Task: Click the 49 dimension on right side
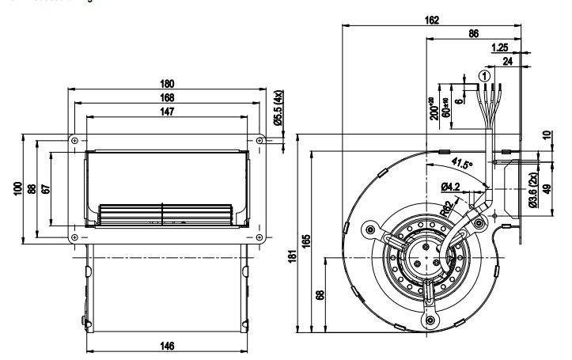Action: [547, 191]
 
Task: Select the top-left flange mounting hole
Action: [74, 140]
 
